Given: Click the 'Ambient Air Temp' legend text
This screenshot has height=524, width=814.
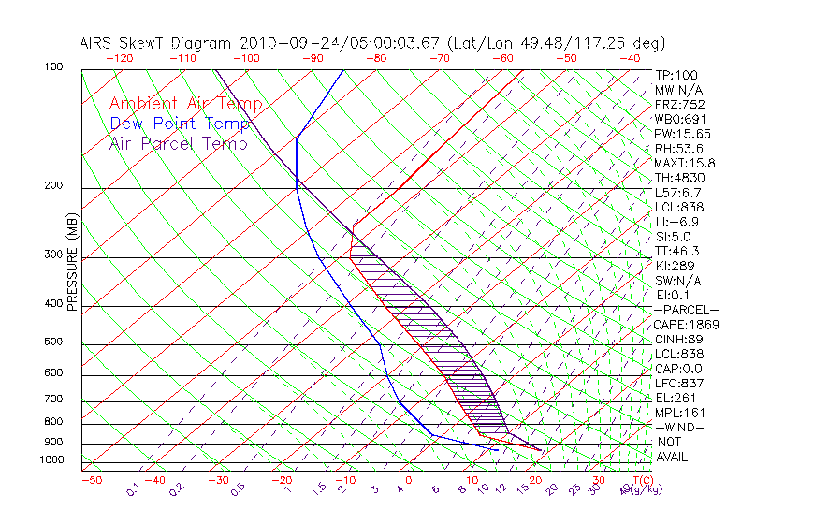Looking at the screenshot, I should click(x=185, y=105).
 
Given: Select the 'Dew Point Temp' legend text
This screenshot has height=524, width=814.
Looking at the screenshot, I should click(x=180, y=124).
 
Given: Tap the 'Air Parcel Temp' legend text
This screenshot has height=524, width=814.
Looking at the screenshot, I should click(x=178, y=144).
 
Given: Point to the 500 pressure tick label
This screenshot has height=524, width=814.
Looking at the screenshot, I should click(x=53, y=342).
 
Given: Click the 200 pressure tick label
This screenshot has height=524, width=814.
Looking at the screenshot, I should click(x=53, y=186).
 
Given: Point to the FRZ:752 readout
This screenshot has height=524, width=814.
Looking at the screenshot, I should click(x=679, y=104).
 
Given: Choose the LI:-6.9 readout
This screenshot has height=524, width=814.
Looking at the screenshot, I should click(x=676, y=222).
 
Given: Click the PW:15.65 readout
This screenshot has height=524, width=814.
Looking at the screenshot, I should click(x=683, y=134).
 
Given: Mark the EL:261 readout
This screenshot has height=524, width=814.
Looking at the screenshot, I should click(x=676, y=398).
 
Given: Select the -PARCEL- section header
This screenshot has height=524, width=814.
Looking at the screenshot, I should click(x=686, y=310).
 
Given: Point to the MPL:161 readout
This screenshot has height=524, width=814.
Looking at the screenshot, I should click(x=679, y=413).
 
